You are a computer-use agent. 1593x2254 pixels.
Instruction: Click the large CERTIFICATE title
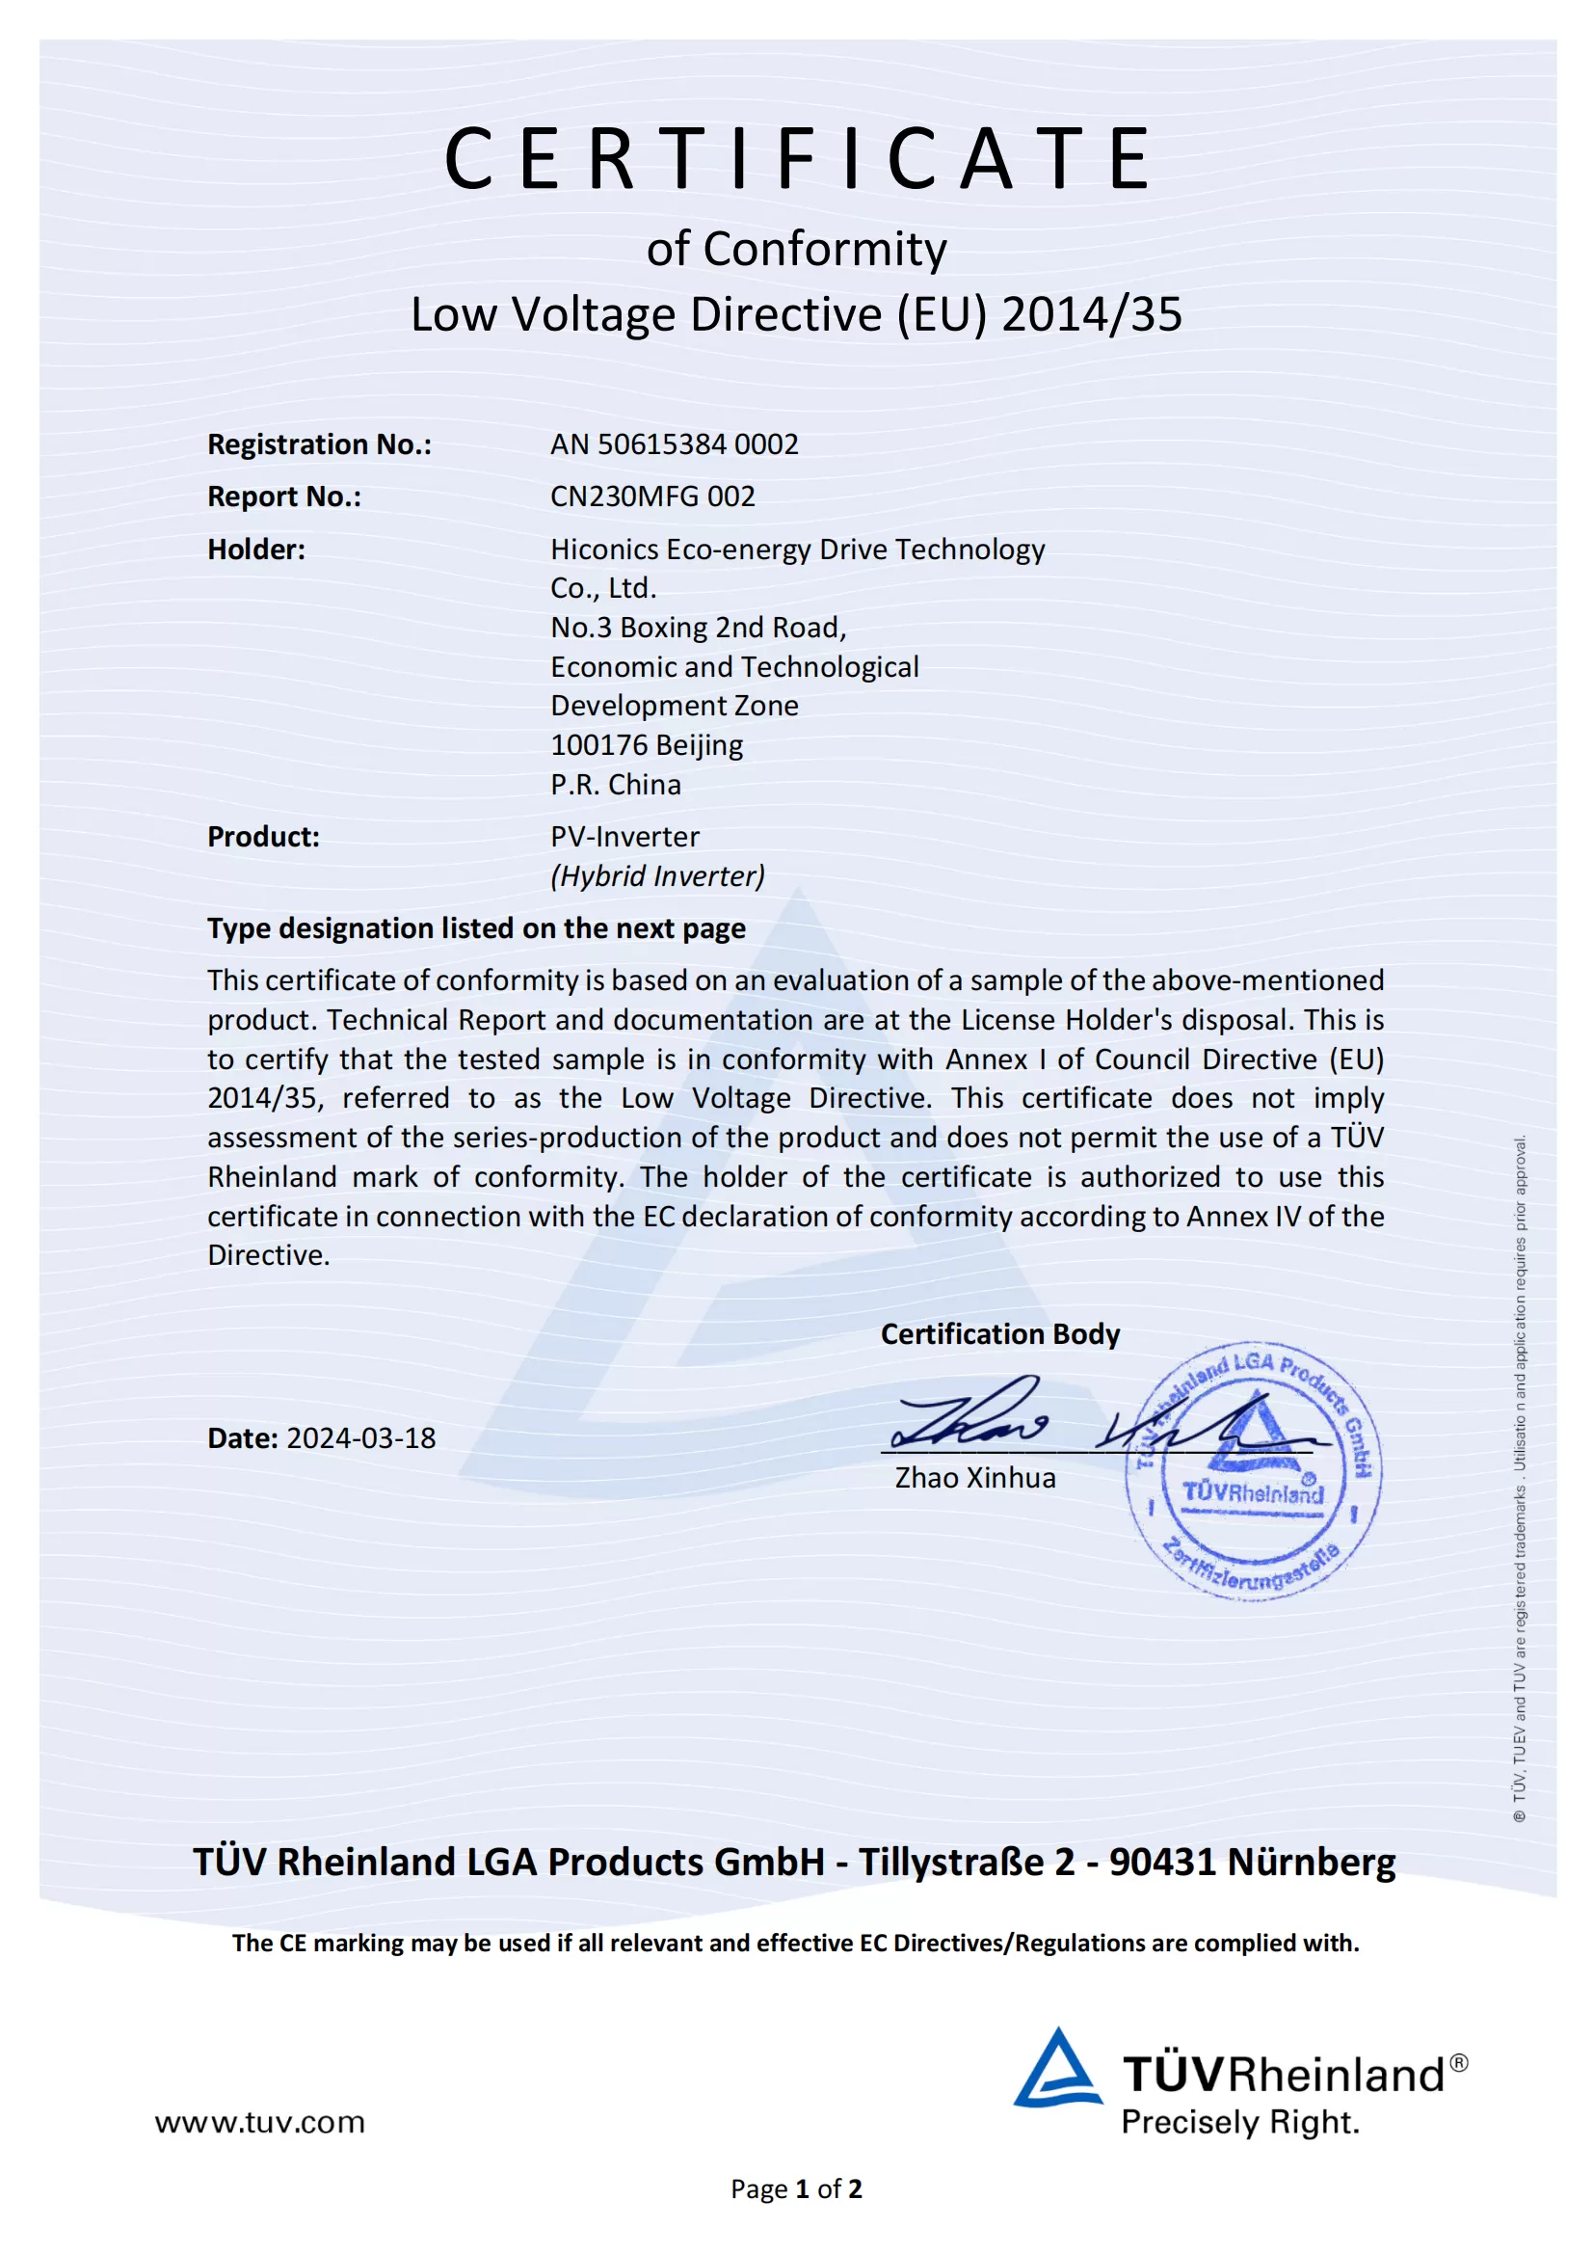pyautogui.click(x=797, y=158)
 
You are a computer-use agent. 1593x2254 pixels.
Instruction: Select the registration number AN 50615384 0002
pyautogui.click(x=674, y=444)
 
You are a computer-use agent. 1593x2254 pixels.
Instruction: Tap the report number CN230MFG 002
pyautogui.click(x=651, y=496)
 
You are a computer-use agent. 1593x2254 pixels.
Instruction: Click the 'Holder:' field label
pyautogui.click(x=256, y=550)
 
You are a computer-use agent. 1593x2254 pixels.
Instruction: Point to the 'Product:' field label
pyautogui.click(x=263, y=838)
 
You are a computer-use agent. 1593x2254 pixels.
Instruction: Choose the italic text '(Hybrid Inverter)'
pyautogui.click(x=656, y=875)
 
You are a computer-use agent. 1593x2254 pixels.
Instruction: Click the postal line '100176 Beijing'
pyautogui.click(x=646, y=745)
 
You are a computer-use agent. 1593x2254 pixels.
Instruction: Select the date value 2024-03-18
pyautogui.click(x=360, y=1438)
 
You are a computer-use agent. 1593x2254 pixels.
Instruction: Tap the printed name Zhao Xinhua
pyautogui.click(x=974, y=1478)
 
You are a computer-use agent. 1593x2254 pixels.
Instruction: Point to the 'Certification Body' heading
pyautogui.click(x=999, y=1334)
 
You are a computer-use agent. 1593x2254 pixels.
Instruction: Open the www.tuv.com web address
pyautogui.click(x=259, y=2123)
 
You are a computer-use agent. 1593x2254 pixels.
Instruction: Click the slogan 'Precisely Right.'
pyautogui.click(x=1239, y=2123)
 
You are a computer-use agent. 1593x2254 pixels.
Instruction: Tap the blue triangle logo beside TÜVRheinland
pyautogui.click(x=1057, y=2070)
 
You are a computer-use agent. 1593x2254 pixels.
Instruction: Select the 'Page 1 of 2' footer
pyautogui.click(x=796, y=2189)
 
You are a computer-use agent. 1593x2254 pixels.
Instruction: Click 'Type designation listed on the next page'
pyautogui.click(x=476, y=928)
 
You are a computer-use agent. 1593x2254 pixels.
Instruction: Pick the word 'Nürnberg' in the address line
pyautogui.click(x=1311, y=1863)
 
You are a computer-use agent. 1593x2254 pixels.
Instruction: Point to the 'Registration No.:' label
pyautogui.click(x=319, y=444)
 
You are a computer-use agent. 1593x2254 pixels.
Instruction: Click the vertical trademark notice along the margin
pyautogui.click(x=1519, y=1478)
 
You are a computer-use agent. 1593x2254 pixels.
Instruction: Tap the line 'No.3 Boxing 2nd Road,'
pyautogui.click(x=698, y=628)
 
